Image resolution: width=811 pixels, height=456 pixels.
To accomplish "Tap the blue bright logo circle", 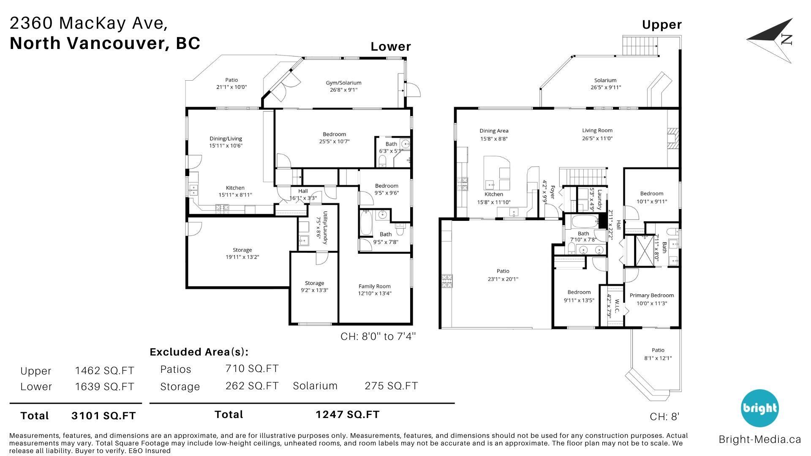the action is (759, 408).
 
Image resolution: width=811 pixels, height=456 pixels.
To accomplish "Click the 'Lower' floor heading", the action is (391, 46).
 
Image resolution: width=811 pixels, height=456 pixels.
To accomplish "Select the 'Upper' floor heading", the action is (662, 25).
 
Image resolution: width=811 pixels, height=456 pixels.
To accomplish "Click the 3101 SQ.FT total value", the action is (103, 416).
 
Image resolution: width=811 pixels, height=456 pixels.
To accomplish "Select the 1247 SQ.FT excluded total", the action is (348, 415).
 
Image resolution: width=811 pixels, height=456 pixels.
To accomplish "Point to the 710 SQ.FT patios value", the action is (252, 369).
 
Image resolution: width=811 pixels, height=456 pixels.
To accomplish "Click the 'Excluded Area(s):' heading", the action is (199, 352).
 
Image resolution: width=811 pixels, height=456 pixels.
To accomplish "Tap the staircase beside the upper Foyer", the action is (583, 177).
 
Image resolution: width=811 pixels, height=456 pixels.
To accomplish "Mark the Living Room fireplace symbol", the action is (673, 138).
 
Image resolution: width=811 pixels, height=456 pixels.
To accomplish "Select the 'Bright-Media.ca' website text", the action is (760, 440).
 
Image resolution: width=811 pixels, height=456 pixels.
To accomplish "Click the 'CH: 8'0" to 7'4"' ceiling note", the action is (378, 337).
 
